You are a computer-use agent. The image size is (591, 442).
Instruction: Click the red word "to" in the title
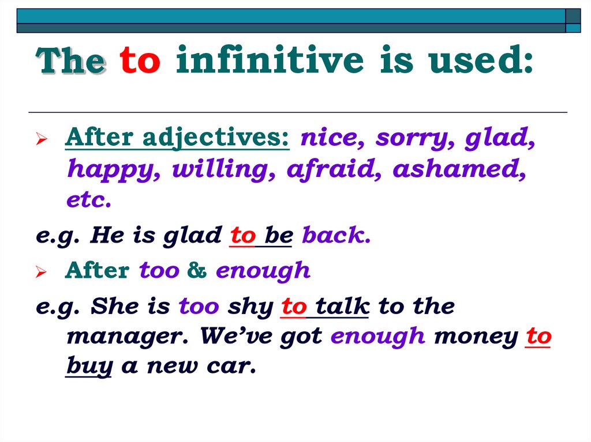point(140,61)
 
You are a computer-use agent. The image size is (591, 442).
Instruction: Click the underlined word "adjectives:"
point(216,138)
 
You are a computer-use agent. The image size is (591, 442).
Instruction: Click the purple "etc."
point(89,200)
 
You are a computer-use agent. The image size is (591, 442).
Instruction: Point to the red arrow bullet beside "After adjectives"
point(42,139)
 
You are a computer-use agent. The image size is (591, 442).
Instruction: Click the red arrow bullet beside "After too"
point(42,271)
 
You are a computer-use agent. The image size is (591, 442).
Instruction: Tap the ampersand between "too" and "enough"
point(197,270)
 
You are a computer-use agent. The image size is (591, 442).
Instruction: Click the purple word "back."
point(336,235)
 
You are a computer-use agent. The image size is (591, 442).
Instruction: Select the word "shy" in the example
point(250,307)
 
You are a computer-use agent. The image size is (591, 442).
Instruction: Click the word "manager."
point(128,337)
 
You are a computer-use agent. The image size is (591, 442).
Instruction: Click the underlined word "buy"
point(89,366)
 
